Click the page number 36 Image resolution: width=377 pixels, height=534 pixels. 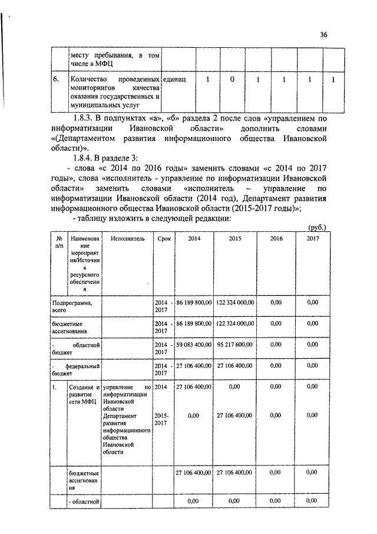(323, 34)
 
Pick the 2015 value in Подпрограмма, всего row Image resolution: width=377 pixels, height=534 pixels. (235, 302)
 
